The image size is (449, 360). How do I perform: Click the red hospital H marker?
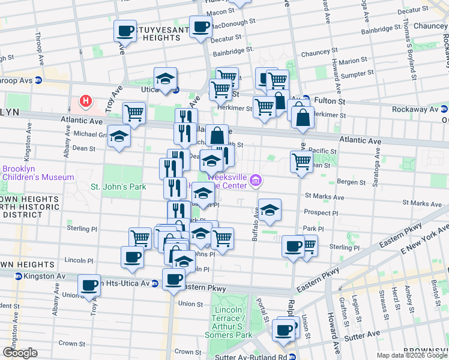(86, 102)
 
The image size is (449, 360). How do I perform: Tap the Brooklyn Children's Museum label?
(37, 173)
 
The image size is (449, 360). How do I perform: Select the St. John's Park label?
(118, 187)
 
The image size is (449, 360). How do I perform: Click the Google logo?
(19, 353)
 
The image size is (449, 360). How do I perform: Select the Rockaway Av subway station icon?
(444, 109)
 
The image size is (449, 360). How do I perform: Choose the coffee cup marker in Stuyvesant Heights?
(125, 31)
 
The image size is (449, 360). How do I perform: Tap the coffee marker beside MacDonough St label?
(200, 26)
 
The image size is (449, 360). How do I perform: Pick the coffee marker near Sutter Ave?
(283, 329)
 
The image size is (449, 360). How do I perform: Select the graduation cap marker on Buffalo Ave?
(270, 209)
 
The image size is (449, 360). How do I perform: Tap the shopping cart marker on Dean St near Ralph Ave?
(301, 161)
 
